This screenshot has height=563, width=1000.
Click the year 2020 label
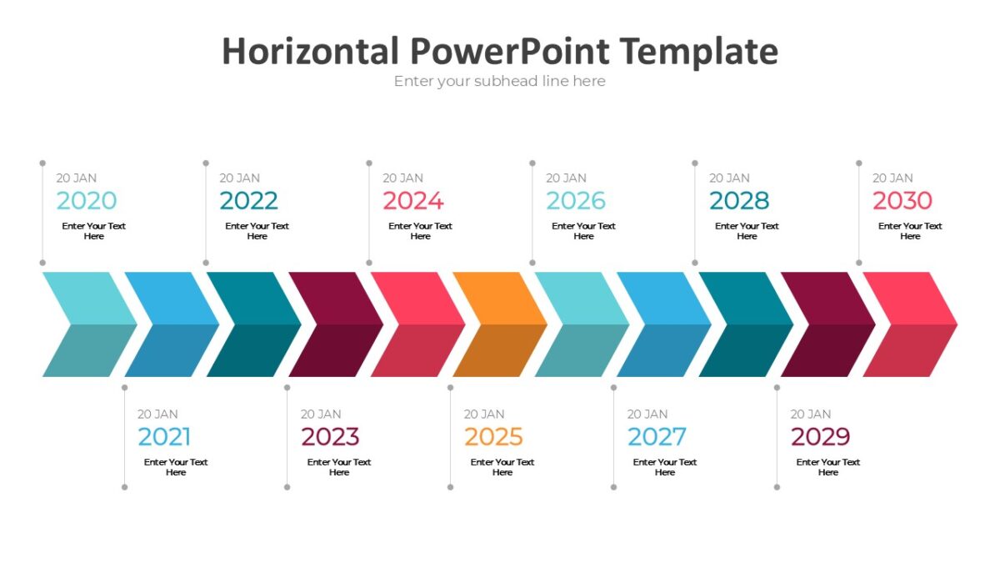tap(87, 200)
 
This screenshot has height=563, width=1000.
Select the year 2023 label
tap(330, 436)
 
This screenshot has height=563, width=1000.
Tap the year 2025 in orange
tap(493, 436)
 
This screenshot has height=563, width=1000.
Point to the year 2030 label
tap(902, 200)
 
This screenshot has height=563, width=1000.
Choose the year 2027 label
tap(657, 436)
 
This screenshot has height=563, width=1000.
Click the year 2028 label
tap(739, 200)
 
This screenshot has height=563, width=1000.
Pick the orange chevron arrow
tap(498, 324)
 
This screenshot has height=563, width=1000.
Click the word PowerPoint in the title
tap(508, 52)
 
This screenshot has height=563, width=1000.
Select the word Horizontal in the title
tap(310, 52)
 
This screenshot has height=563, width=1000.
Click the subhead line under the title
tap(500, 81)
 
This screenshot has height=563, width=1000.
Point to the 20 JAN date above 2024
tap(402, 178)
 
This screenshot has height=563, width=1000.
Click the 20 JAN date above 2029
tap(811, 414)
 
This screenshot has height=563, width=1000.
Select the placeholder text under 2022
tap(257, 231)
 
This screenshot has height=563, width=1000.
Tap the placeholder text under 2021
tap(176, 467)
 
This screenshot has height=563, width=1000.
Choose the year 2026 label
tap(576, 200)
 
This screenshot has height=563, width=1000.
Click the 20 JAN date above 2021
tap(157, 414)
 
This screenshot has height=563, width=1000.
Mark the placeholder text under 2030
tap(910, 231)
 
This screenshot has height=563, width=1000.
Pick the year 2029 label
tap(820, 436)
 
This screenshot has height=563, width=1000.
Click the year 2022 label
tap(249, 200)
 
